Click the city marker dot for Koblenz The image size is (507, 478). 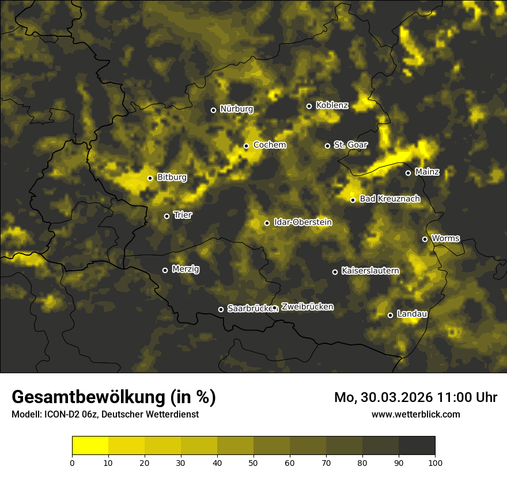(309, 106)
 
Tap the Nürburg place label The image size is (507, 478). (236, 109)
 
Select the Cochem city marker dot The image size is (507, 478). (246, 146)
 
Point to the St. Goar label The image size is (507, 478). (350, 145)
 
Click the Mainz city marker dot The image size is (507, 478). (408, 173)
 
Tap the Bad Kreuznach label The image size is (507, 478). (389, 199)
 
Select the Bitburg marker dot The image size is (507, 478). (150, 178)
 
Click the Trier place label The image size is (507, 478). (183, 215)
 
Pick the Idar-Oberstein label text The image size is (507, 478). (302, 222)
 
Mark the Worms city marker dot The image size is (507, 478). (425, 239)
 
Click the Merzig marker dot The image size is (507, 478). (165, 270)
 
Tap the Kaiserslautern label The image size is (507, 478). (370, 271)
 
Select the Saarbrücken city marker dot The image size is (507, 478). (221, 309)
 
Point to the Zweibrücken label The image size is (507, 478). (307, 307)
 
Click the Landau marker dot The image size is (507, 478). (390, 315)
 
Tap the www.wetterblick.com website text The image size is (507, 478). (415, 414)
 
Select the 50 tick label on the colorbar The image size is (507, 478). (253, 462)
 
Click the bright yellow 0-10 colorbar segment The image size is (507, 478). (90, 446)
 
